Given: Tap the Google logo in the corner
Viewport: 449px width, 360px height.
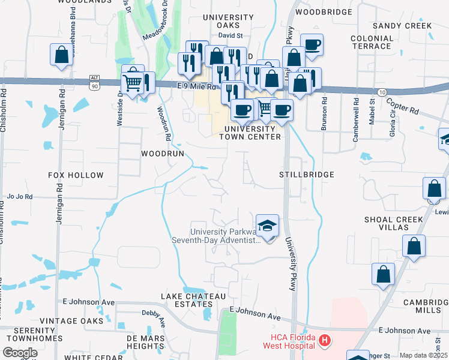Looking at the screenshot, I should click(x=20, y=353).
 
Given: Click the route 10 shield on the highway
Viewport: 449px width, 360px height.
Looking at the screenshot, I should click(x=382, y=91).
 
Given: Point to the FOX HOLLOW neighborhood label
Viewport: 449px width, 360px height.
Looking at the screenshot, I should click(x=76, y=175).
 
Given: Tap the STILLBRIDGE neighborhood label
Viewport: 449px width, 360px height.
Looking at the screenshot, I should click(x=306, y=175).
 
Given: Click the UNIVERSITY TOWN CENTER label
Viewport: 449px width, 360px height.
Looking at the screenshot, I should click(x=252, y=133).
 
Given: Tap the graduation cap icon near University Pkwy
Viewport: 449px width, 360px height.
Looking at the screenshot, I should click(x=267, y=226).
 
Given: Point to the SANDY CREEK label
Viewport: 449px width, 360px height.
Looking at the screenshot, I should click(x=402, y=26).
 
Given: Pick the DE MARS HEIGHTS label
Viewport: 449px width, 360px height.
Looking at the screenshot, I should click(x=150, y=342).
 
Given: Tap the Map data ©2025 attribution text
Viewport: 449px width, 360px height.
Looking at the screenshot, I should click(x=423, y=355).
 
